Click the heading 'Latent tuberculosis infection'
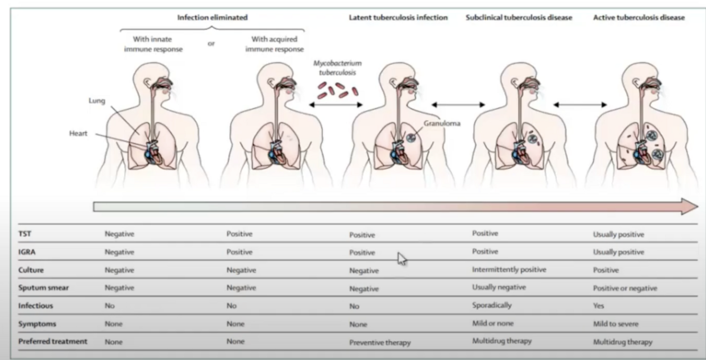click(x=398, y=17)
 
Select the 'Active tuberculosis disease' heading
click(x=639, y=17)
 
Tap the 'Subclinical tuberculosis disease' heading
click(x=519, y=17)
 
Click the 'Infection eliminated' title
click(x=212, y=17)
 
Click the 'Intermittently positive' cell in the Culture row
click(x=509, y=269)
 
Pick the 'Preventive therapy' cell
click(x=379, y=343)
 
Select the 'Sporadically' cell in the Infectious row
click(x=492, y=305)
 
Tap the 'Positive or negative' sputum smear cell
click(x=625, y=289)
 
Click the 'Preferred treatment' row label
click(x=53, y=341)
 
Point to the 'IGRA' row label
click(x=27, y=252)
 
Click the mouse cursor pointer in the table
click(x=402, y=258)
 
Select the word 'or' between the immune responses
click(x=211, y=43)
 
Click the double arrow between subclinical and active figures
click(x=580, y=105)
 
